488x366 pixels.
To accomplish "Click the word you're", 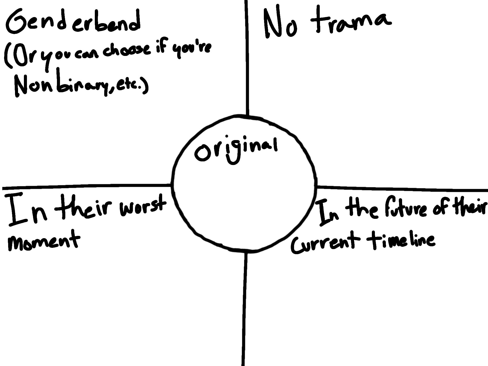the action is [192, 50].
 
